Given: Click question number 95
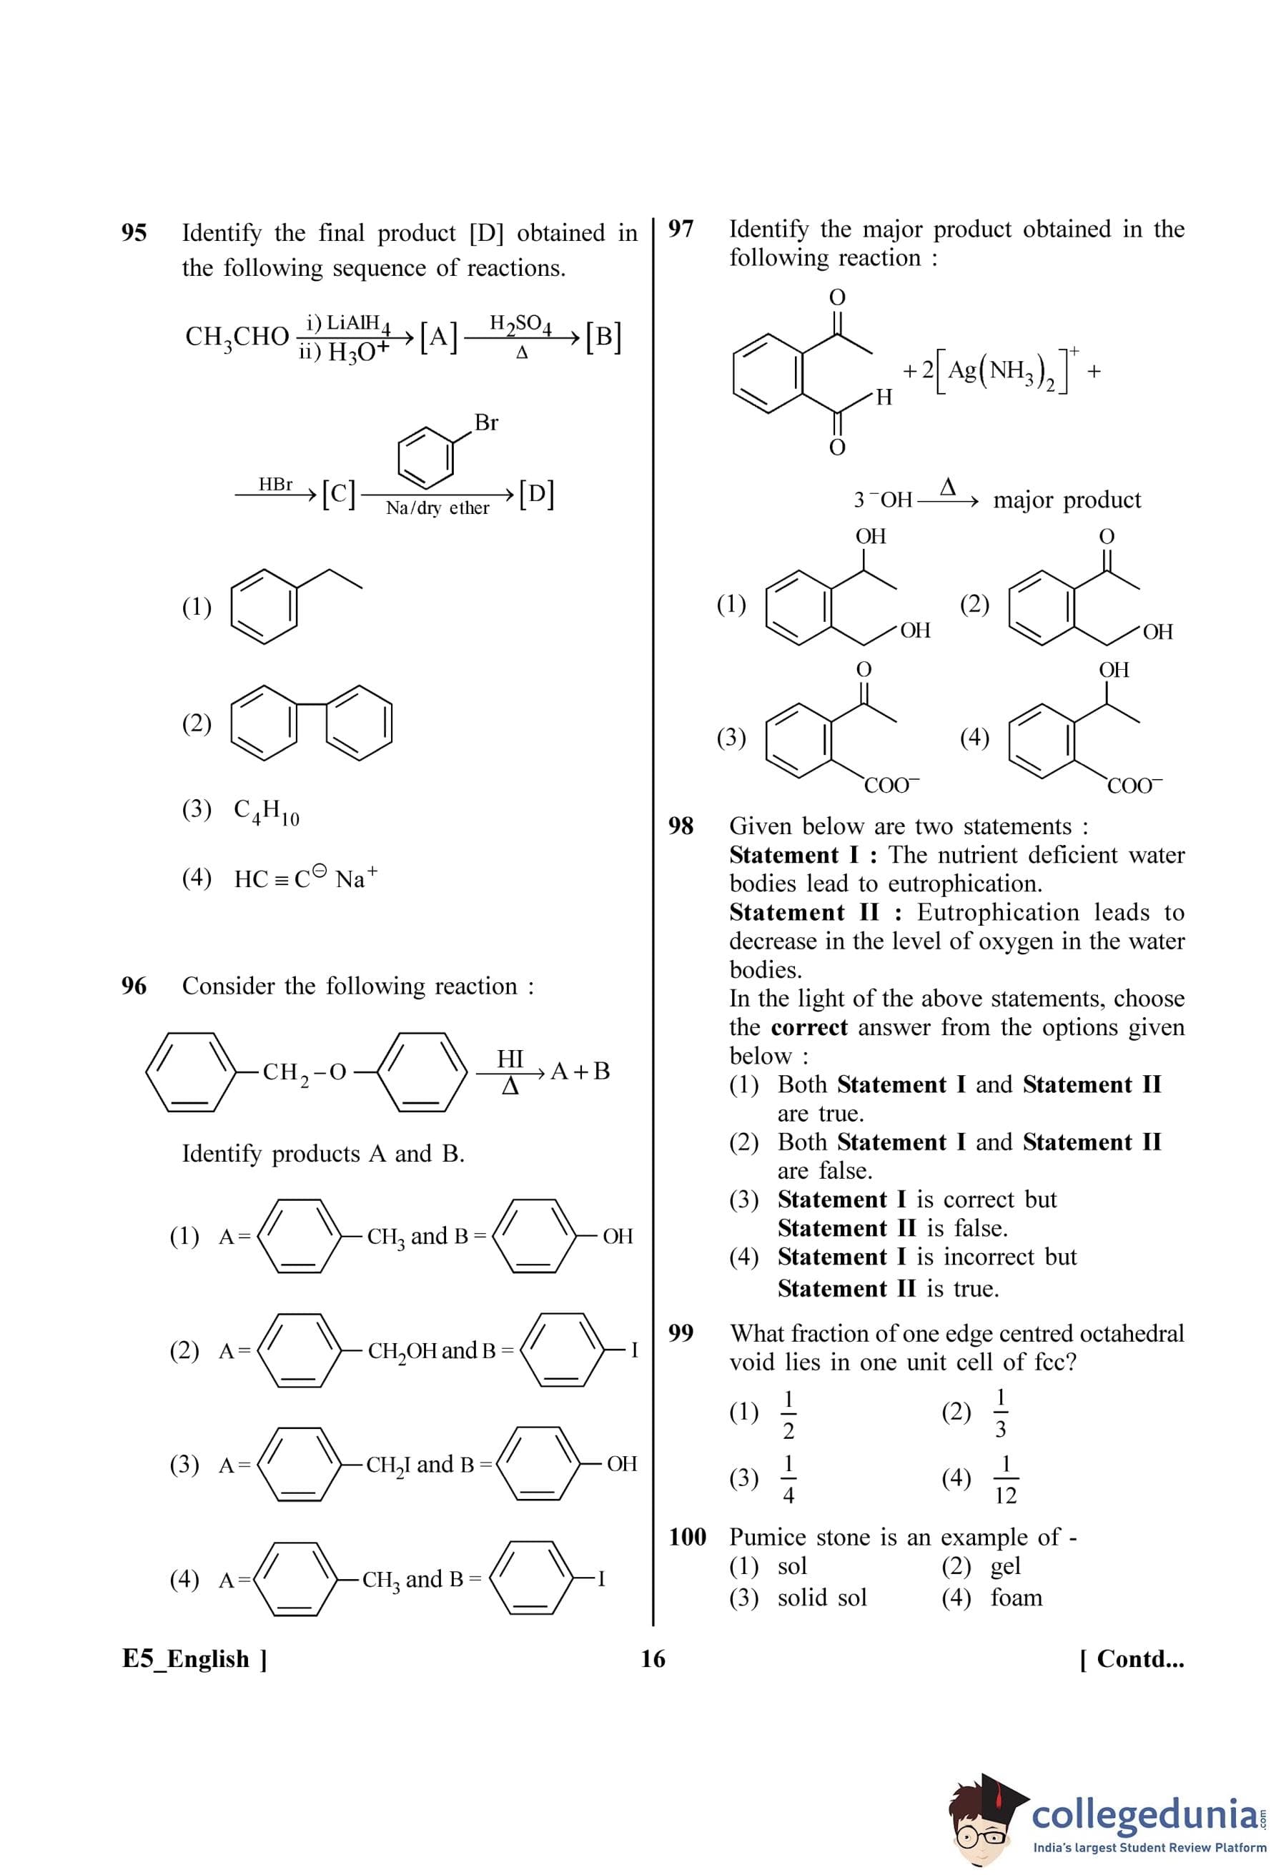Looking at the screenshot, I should pyautogui.click(x=134, y=233).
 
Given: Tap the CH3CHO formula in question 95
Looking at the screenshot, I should pyautogui.click(x=237, y=337).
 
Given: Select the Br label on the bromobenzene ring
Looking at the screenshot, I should pyautogui.click(x=485, y=422).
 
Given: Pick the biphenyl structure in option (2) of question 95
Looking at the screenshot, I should pyautogui.click(x=312, y=722).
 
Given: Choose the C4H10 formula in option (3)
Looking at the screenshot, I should pyautogui.click(x=266, y=811).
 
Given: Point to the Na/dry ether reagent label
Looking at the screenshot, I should pyautogui.click(x=437, y=508).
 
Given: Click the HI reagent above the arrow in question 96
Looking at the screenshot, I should pyautogui.click(x=510, y=1058).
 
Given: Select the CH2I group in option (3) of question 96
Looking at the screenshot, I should pyautogui.click(x=389, y=1465).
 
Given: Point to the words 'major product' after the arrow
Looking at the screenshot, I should pyautogui.click(x=1067, y=500).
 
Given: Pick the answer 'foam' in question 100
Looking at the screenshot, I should pyautogui.click(x=1017, y=1598).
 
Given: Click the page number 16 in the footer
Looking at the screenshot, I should pyautogui.click(x=653, y=1659).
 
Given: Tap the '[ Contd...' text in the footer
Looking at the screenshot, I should pyautogui.click(x=1132, y=1659).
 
